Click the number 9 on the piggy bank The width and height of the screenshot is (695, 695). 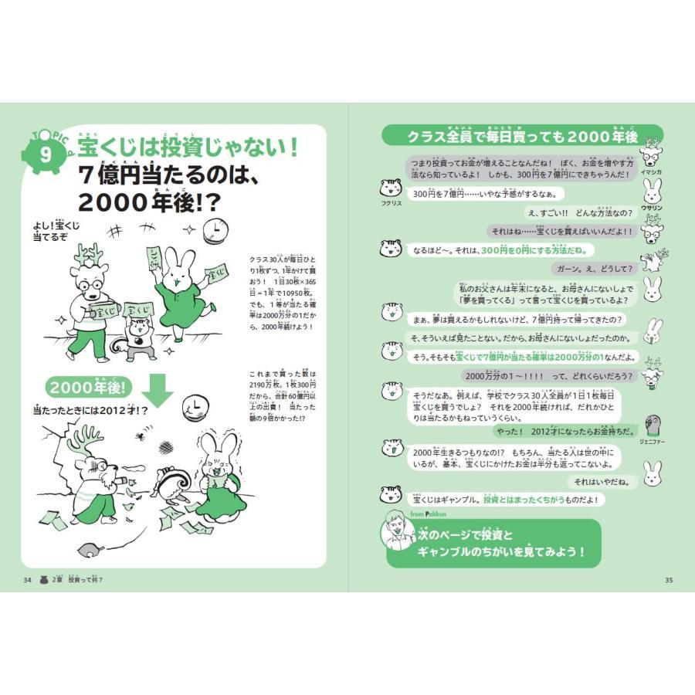(x=46, y=153)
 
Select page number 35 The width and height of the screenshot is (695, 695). (x=669, y=580)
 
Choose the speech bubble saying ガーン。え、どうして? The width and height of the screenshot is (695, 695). (x=594, y=269)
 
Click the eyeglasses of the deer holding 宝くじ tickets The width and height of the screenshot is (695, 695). (x=90, y=282)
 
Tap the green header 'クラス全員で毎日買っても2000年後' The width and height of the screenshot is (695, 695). (x=522, y=137)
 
